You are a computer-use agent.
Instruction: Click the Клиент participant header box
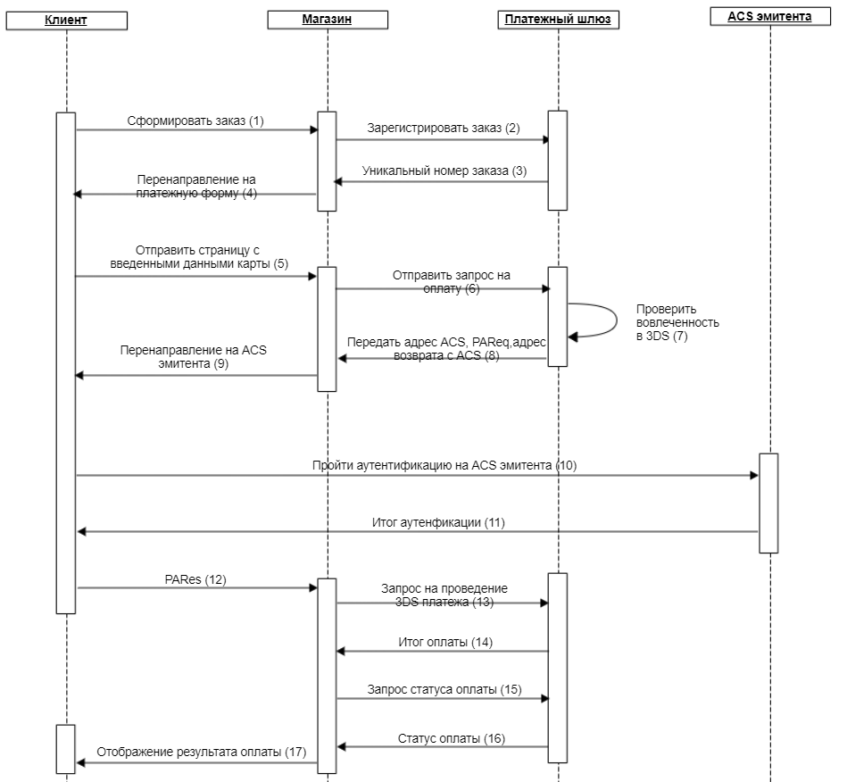(x=66, y=21)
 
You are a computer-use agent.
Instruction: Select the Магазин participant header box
(x=328, y=20)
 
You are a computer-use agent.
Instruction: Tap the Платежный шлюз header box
(x=558, y=20)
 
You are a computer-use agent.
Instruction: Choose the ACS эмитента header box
(x=769, y=17)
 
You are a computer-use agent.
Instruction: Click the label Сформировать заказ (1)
(x=195, y=121)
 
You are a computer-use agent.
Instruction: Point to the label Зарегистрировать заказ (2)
(x=444, y=128)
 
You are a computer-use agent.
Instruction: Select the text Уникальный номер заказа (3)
(x=444, y=171)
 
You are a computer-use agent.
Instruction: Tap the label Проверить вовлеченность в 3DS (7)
(x=677, y=322)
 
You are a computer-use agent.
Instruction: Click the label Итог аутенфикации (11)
(x=438, y=522)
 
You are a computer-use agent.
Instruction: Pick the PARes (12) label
(x=195, y=579)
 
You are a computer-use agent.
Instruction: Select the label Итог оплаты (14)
(x=445, y=642)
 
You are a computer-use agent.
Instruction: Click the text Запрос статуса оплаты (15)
(x=444, y=689)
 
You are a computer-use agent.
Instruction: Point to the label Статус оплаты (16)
(x=452, y=738)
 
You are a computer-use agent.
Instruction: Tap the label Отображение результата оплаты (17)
(x=202, y=752)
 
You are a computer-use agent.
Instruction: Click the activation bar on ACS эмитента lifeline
(x=768, y=503)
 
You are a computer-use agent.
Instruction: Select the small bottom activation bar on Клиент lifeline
(x=65, y=749)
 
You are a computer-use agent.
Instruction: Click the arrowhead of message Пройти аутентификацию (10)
(x=755, y=476)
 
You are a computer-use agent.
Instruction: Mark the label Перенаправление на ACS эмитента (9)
(x=194, y=357)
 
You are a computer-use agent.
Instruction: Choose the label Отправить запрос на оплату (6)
(x=452, y=281)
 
